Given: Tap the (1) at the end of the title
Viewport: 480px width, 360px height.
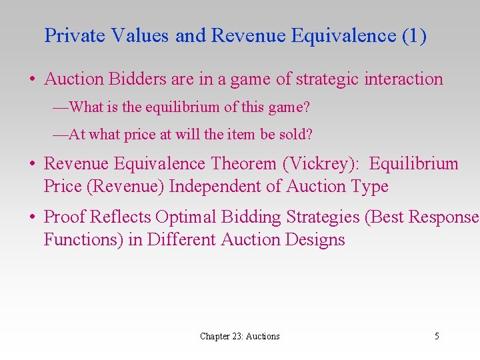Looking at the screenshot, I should [x=414, y=36].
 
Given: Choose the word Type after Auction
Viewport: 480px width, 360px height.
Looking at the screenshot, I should [x=367, y=187].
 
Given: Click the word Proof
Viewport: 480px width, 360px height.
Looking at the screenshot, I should [x=65, y=217].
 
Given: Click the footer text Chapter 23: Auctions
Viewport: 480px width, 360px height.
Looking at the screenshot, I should [x=240, y=336].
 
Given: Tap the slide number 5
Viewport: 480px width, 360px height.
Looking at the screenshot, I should [x=437, y=336].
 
